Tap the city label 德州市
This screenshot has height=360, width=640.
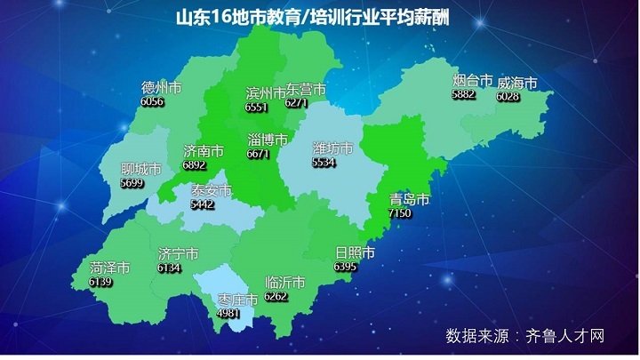pos(162,88)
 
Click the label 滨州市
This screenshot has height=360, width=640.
pos(264,92)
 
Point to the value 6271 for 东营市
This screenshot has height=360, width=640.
pos(296,104)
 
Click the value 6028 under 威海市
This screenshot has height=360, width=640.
pos(508,96)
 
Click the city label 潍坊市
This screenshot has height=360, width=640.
pos(332,148)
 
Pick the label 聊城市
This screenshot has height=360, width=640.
pos(140,169)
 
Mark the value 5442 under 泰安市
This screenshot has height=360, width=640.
pos(203,204)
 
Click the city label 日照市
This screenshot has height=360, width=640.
pos(354,253)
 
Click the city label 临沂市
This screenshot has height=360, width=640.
pos(285,283)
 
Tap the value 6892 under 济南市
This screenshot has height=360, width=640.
pos(194,164)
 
